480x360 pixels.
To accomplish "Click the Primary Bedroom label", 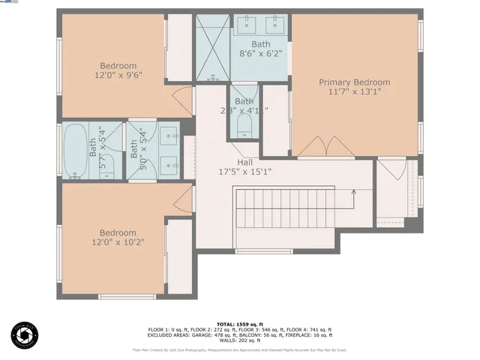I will point(354,82).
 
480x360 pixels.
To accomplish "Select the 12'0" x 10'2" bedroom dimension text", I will point(118,243).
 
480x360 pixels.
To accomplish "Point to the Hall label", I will point(245,162).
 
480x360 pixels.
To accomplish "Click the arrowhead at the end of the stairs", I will point(354,192).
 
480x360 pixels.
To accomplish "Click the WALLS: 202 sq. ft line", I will point(240,341).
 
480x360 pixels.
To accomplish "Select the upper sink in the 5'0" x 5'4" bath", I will point(169,138).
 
